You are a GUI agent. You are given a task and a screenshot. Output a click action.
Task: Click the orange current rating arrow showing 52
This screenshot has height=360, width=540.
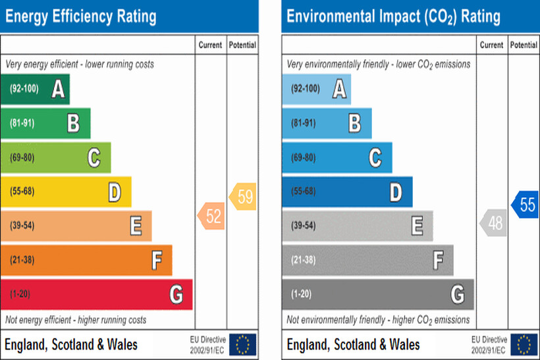tap(211, 216)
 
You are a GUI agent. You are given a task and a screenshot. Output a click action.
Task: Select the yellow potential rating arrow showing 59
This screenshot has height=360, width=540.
tap(242, 196)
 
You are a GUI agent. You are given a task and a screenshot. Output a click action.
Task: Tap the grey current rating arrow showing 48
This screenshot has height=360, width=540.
tap(492, 224)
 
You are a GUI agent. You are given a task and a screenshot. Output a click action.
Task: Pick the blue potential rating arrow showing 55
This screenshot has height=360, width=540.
tap(525, 205)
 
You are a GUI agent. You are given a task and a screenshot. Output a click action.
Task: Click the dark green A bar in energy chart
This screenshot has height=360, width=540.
tap(35, 89)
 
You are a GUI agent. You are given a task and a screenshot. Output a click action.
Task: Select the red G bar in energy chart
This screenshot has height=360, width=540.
tap(96, 294)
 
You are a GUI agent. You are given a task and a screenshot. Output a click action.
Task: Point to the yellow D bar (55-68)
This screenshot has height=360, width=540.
tap(66, 192)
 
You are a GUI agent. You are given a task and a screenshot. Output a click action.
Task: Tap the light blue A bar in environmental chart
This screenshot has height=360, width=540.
tap(316, 89)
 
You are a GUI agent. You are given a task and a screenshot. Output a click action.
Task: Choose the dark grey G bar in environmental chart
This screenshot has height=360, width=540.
tap(377, 294)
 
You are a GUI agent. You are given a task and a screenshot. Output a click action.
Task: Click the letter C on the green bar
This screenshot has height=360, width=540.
tap(94, 157)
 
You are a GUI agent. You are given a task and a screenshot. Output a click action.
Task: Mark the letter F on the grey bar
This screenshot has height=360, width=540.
tap(438, 260)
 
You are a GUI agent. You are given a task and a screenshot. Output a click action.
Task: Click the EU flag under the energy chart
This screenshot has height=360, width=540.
tap(243, 344)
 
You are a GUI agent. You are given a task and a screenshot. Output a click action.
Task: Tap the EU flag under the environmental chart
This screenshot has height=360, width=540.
tap(524, 344)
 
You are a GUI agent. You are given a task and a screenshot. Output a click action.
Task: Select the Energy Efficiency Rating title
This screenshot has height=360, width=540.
tap(81, 16)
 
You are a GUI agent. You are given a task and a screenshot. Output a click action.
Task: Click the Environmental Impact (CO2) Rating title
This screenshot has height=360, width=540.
tap(393, 16)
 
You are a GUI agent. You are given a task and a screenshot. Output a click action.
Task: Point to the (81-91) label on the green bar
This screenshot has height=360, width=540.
tap(22, 123)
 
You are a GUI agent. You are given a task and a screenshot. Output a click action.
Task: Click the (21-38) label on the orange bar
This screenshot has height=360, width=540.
tap(22, 260)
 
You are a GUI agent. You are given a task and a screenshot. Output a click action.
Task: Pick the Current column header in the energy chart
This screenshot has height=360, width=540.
tap(211, 45)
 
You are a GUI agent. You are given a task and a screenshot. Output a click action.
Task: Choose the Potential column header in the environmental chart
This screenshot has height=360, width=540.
tap(524, 45)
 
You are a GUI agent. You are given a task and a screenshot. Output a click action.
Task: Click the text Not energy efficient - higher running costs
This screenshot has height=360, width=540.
tap(76, 320)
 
